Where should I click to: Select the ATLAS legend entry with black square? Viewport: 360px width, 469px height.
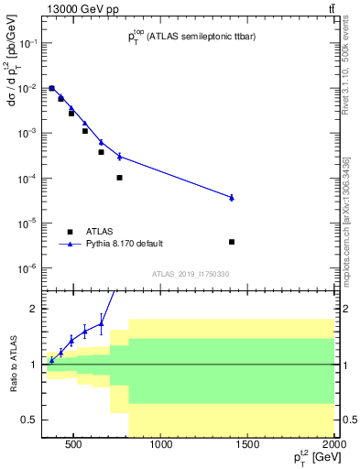pyautogui.click(x=70, y=232)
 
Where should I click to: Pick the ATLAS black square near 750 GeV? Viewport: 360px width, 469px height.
pyautogui.click(x=119, y=178)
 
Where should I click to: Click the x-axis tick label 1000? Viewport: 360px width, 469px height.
pyautogui.click(x=161, y=446)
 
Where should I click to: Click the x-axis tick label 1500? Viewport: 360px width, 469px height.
pyautogui.click(x=248, y=446)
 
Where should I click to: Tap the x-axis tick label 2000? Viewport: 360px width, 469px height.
pyautogui.click(x=334, y=446)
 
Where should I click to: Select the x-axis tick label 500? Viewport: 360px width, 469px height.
pyautogui.click(x=74, y=446)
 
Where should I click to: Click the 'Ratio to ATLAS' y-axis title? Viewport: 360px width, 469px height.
pyautogui.click(x=13, y=364)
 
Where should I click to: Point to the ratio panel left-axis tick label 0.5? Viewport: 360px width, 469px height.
pyautogui.click(x=28, y=420)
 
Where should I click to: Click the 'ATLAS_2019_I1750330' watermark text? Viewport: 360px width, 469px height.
pyautogui.click(x=191, y=274)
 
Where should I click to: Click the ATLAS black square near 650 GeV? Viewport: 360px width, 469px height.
pyautogui.click(x=101, y=152)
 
